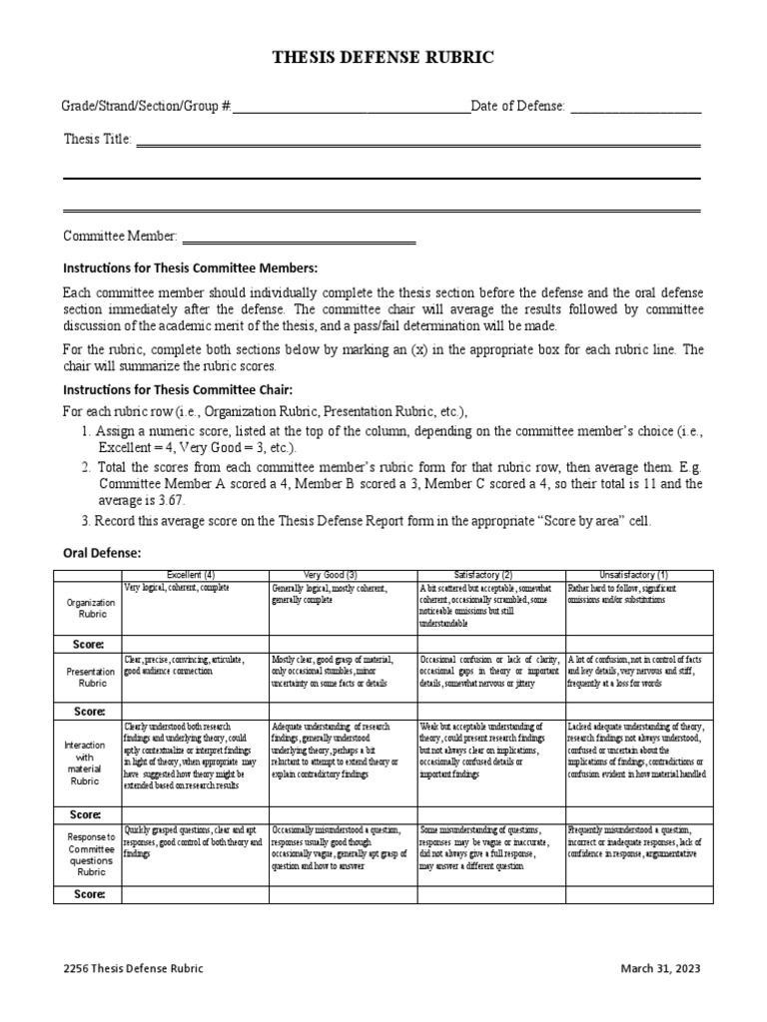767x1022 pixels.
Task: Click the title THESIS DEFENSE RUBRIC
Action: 383,58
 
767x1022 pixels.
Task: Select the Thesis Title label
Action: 97,140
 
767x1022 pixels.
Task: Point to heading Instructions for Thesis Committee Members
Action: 190,268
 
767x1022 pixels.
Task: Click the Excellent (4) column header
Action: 195,575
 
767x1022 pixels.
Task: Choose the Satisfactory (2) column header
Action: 490,575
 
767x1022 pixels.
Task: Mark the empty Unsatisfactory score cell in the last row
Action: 639,895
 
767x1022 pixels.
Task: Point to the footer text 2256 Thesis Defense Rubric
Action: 133,968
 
